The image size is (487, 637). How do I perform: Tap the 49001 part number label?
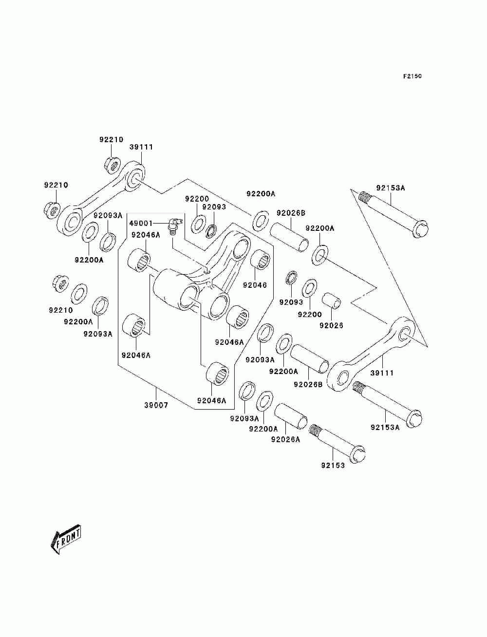point(141,223)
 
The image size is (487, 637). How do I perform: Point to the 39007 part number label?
point(156,405)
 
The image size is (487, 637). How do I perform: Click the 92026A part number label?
point(285,440)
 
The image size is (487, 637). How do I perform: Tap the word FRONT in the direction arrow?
point(68,539)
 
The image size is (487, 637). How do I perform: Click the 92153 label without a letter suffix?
point(333,466)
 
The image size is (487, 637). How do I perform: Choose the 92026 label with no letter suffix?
point(331,326)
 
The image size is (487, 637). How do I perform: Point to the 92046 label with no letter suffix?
point(255,285)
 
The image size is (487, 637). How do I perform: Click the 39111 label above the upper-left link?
point(141,147)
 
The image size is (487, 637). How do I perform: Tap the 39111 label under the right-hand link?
point(382,373)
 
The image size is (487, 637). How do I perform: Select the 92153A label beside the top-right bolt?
point(391,188)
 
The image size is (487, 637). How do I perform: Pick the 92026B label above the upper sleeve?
point(291,213)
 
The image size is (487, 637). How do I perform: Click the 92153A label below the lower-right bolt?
point(385,427)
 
